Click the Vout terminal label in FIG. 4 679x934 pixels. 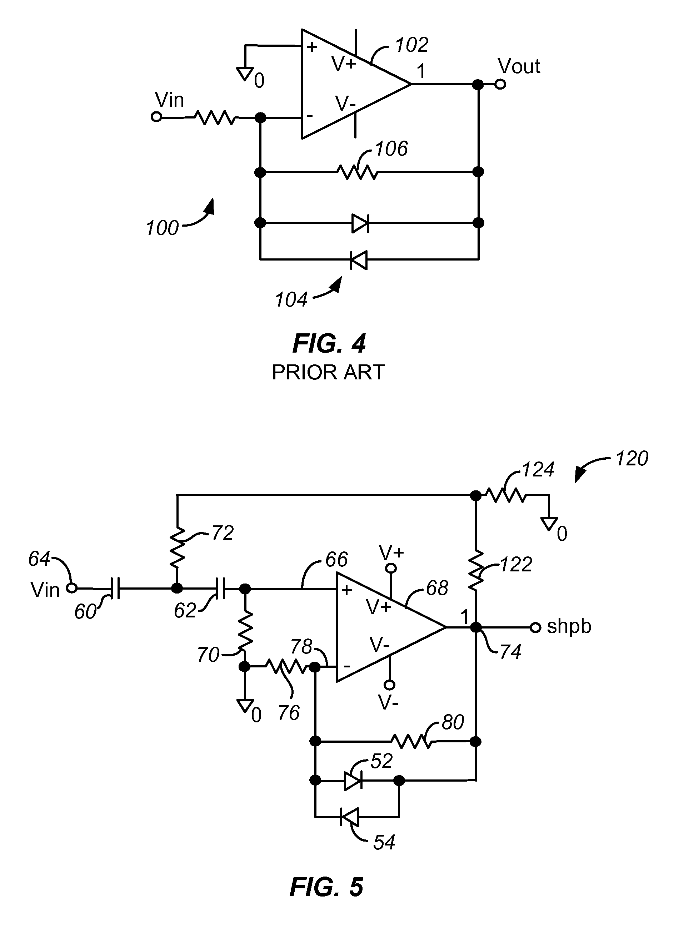tap(518, 66)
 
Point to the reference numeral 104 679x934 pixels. tap(291, 300)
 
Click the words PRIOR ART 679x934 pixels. tap(328, 372)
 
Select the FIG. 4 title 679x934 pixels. tap(329, 344)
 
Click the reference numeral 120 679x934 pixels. tap(631, 458)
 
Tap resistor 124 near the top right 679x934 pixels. tap(506, 495)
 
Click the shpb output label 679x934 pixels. tap(569, 626)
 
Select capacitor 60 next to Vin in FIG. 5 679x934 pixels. tap(115, 589)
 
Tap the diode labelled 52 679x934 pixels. tap(353, 781)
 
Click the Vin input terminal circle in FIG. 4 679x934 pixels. tap(156, 117)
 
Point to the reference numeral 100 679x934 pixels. tap(162, 228)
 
